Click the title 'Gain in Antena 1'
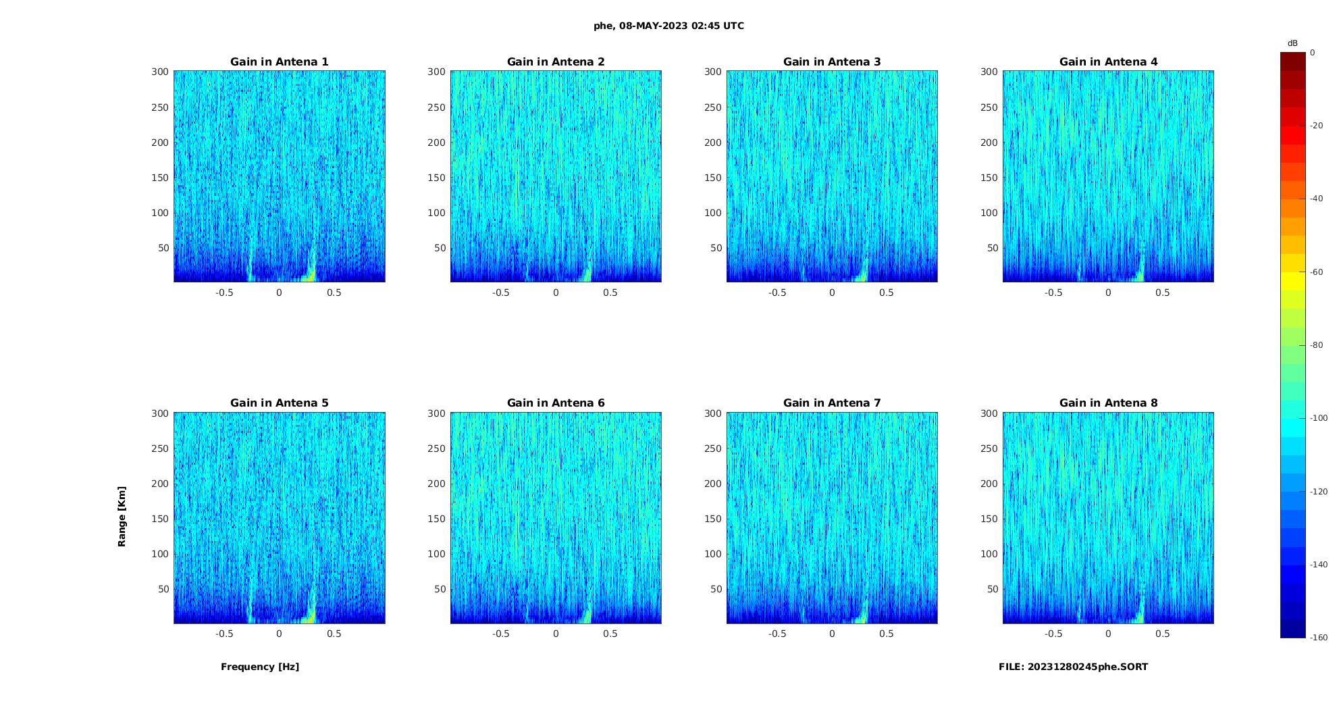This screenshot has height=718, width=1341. pyautogui.click(x=279, y=62)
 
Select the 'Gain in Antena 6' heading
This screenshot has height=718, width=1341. pyautogui.click(x=556, y=403)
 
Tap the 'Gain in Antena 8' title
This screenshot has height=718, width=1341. pyautogui.click(x=1108, y=403)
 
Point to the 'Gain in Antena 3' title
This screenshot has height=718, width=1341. pyautogui.click(x=832, y=62)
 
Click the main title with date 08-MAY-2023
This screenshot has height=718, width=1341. pyautogui.click(x=668, y=26)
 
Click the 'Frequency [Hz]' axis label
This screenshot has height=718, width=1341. pyautogui.click(x=260, y=667)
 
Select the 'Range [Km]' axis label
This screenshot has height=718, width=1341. pyautogui.click(x=122, y=516)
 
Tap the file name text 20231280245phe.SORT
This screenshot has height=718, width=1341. pyautogui.click(x=1073, y=667)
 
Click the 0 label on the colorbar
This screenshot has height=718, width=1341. pyautogui.click(x=1313, y=53)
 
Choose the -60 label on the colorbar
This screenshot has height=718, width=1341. pyautogui.click(x=1317, y=272)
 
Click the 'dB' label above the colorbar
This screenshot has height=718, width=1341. pyautogui.click(x=1292, y=43)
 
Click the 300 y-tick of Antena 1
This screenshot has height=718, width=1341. pyautogui.click(x=160, y=72)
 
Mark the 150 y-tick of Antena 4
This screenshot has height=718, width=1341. pyautogui.click(x=989, y=178)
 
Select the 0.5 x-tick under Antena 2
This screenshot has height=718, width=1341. pyautogui.click(x=610, y=292)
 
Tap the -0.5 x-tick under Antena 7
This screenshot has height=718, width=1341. pyautogui.click(x=777, y=634)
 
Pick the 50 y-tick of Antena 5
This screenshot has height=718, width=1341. pyautogui.click(x=163, y=589)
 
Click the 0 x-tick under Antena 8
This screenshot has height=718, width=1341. pyautogui.click(x=1108, y=634)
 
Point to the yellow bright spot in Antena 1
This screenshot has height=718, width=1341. pyautogui.click(x=309, y=275)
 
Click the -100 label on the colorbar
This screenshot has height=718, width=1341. pyautogui.click(x=1319, y=418)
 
